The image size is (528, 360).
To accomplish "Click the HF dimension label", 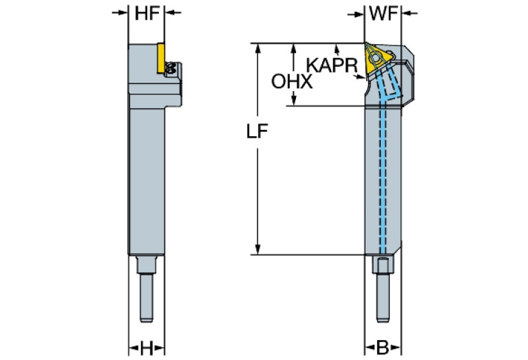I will click(147, 12).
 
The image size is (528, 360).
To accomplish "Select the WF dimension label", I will click(383, 12).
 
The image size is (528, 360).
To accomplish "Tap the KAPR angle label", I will click(331, 65).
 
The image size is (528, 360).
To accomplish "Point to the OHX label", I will click(292, 83).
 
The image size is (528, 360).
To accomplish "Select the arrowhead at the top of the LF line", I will click(257, 48).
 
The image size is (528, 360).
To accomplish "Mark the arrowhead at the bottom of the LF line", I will click(257, 250).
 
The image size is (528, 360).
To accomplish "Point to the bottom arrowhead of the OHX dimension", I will click(294, 101).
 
